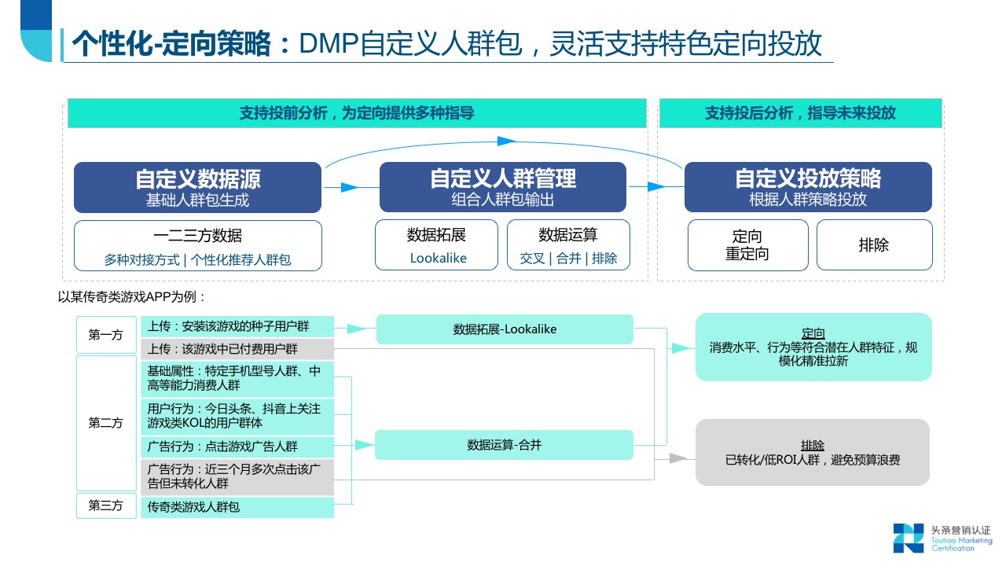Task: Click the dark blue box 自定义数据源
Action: point(197,187)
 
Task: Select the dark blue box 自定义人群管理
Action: point(502,187)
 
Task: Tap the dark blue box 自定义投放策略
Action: point(808,187)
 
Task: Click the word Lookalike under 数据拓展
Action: point(438,258)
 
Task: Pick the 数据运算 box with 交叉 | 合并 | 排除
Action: point(568,245)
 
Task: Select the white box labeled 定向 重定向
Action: point(747,245)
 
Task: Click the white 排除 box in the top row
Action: point(874,245)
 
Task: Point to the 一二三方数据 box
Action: point(197,245)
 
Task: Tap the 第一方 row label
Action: point(105,335)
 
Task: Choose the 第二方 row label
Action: point(105,423)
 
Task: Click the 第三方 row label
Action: point(105,506)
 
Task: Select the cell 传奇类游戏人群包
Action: point(237,507)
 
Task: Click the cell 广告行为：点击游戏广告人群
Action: point(237,447)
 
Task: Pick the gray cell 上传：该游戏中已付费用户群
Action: point(237,349)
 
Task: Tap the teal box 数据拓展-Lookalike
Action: point(505,329)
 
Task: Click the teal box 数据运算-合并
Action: point(504,445)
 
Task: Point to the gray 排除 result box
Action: point(812,452)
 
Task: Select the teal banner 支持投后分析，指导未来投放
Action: point(800,113)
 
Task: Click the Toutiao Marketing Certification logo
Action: point(942,537)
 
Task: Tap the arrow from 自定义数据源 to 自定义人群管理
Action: point(351,187)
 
